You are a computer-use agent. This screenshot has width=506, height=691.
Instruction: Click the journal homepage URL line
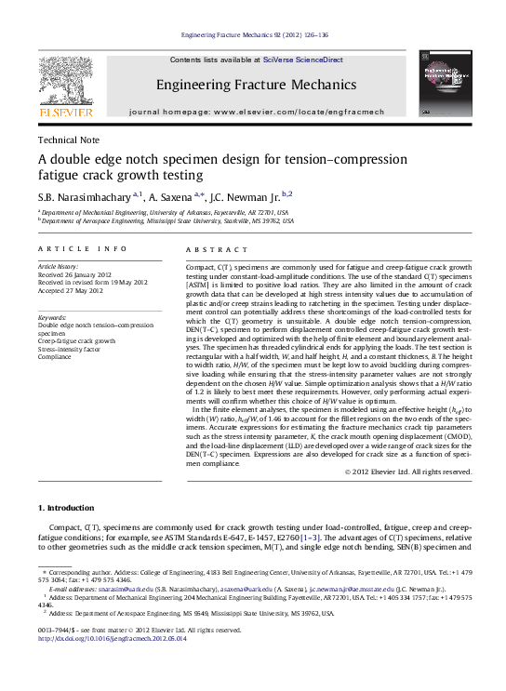click(x=256, y=111)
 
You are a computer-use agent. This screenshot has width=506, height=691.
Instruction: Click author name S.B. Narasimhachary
click(x=84, y=194)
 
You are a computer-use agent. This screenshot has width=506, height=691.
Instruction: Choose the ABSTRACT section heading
click(x=218, y=249)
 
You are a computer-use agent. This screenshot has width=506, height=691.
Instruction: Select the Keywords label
click(x=52, y=318)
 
